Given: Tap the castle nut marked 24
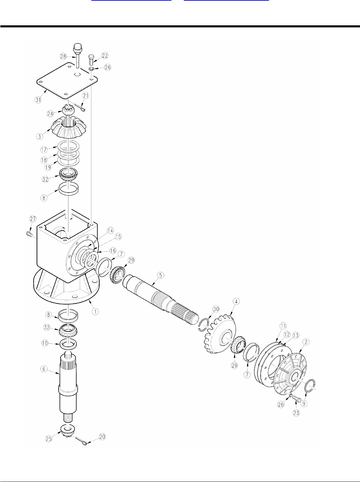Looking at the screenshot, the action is point(67,111).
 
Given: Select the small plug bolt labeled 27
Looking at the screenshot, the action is point(29,234).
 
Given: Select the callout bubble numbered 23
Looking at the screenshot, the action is point(296,413).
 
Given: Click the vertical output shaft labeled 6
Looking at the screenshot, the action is point(68,383).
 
